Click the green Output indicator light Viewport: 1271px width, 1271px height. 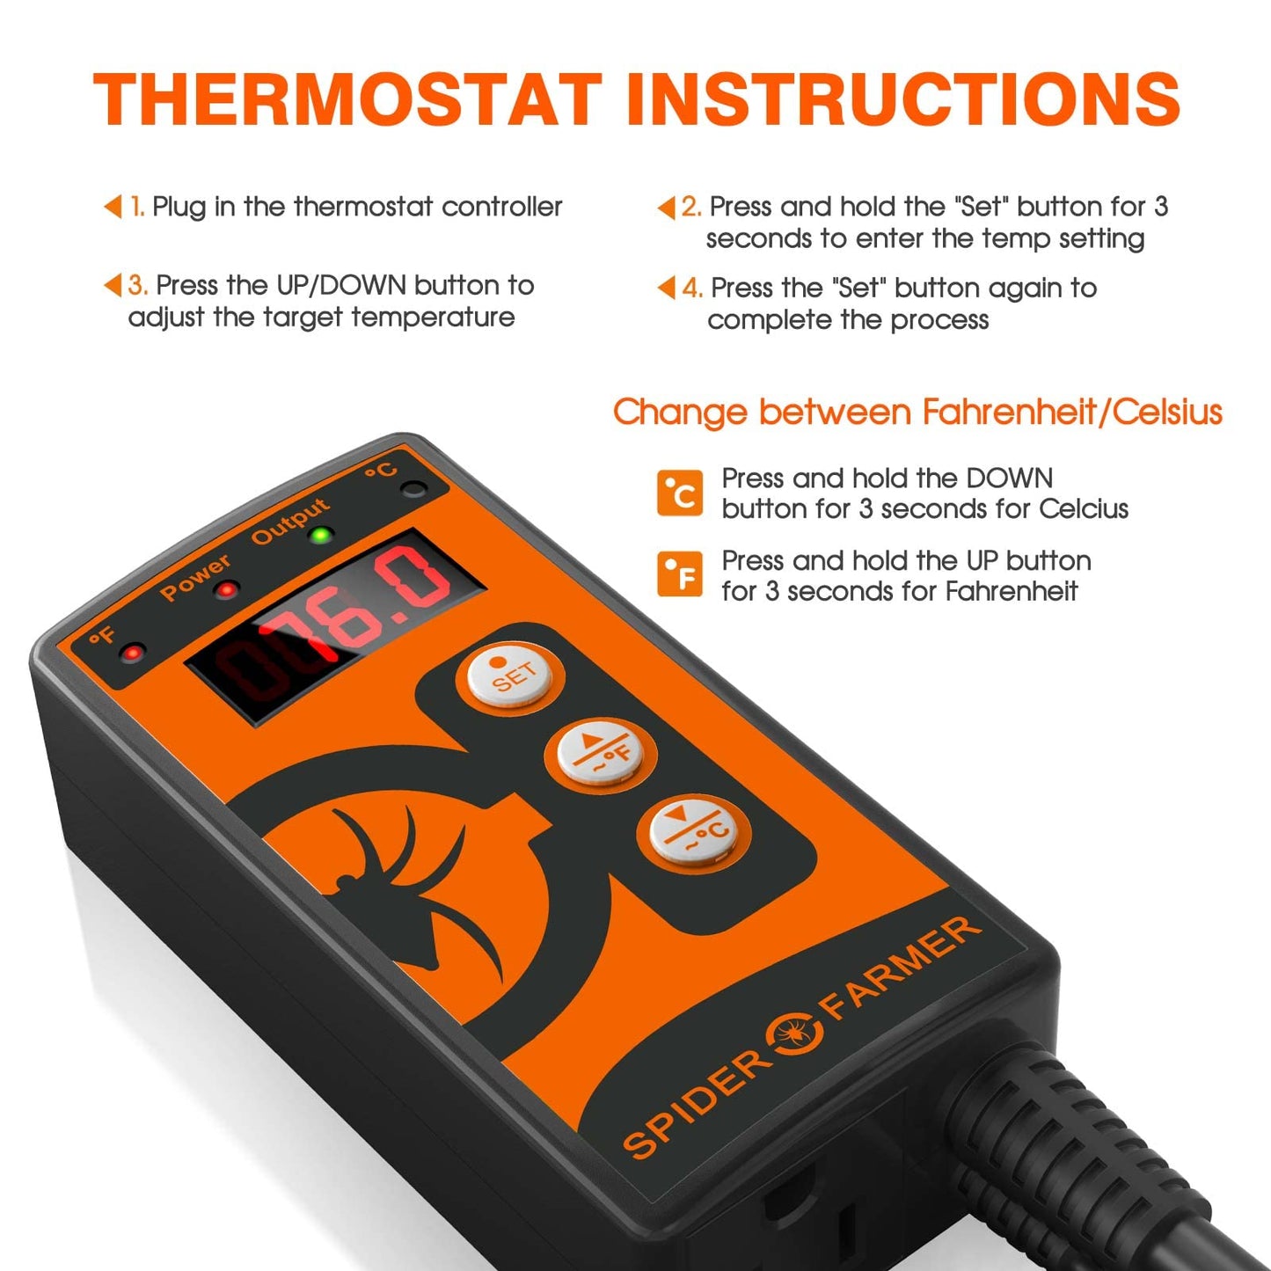point(322,534)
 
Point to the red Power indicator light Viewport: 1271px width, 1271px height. point(227,589)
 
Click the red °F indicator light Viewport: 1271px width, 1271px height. point(133,653)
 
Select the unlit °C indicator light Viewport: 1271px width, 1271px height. point(413,489)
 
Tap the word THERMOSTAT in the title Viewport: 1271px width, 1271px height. point(347,99)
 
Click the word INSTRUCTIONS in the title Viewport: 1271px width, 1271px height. point(903,99)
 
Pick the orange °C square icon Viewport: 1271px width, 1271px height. point(679,493)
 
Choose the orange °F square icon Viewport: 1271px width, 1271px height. point(679,573)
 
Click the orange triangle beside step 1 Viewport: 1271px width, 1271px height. point(113,207)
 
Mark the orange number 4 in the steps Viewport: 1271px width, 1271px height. point(691,288)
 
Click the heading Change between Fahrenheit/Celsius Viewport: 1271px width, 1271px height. point(917,412)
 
